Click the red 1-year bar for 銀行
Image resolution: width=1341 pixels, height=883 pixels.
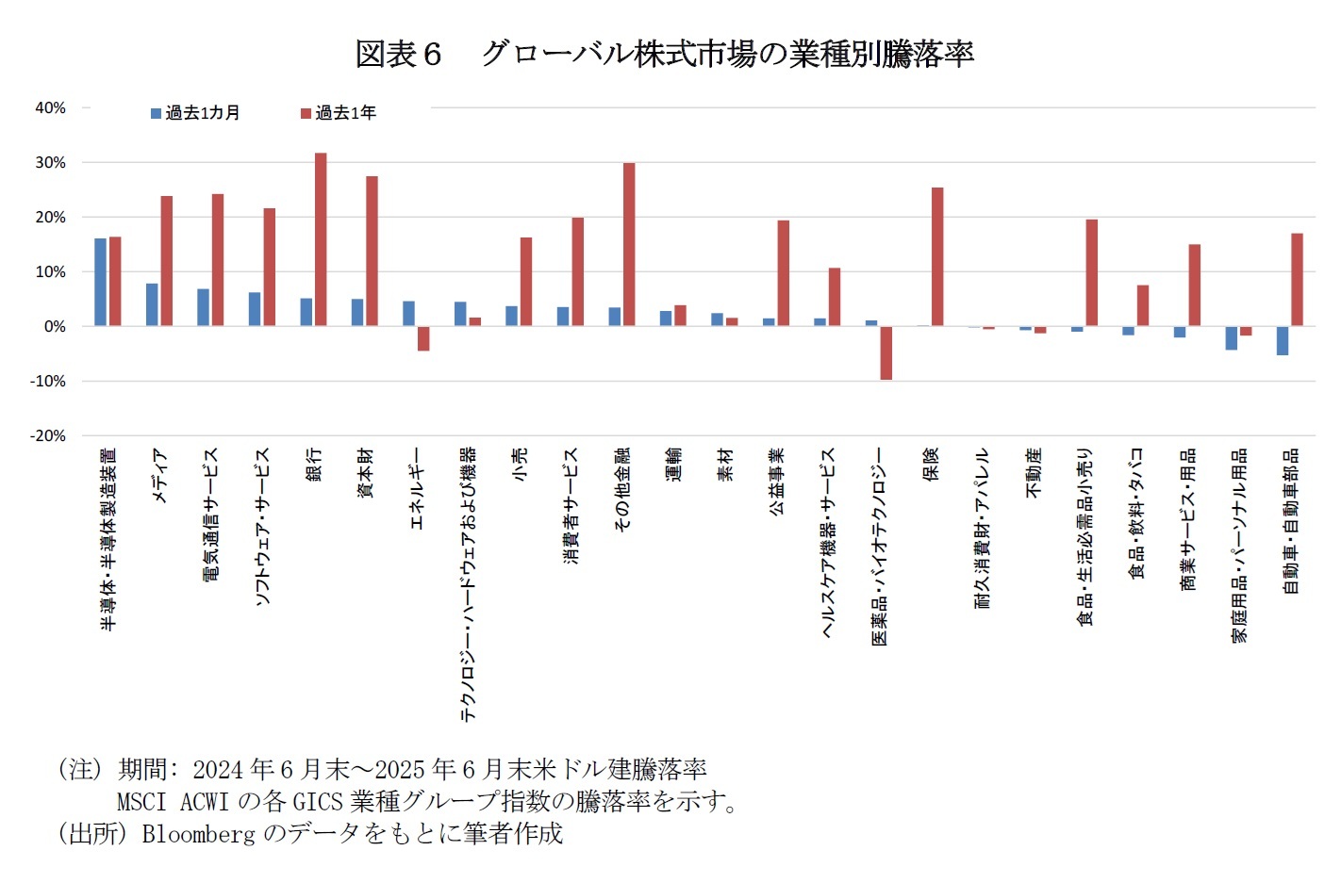(x=321, y=239)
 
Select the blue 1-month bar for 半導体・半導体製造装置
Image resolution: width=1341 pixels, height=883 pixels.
(x=100, y=282)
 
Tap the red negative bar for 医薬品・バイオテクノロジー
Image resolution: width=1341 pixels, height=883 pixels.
(x=886, y=352)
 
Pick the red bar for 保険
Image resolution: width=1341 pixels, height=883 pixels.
(x=937, y=256)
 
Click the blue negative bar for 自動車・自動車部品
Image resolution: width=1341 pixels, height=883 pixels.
(x=1282, y=340)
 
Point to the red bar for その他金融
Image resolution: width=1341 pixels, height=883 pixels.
(x=629, y=244)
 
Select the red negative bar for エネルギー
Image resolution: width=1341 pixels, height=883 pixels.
(x=423, y=338)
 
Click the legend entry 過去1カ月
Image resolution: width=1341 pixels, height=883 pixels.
(x=195, y=113)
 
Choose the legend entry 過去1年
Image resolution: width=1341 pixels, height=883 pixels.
(x=339, y=113)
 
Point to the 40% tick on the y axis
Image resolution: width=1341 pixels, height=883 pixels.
(x=50, y=107)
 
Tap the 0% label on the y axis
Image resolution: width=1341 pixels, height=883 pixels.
(x=54, y=326)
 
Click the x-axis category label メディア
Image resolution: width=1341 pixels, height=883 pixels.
(x=159, y=475)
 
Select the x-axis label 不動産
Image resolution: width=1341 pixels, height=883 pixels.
(x=1034, y=473)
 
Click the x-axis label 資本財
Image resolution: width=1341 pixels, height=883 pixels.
(x=365, y=473)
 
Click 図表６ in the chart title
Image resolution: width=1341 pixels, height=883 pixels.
(x=398, y=54)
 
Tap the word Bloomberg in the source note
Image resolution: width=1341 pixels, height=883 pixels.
(x=198, y=833)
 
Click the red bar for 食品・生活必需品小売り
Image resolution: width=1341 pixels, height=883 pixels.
(x=1091, y=272)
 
